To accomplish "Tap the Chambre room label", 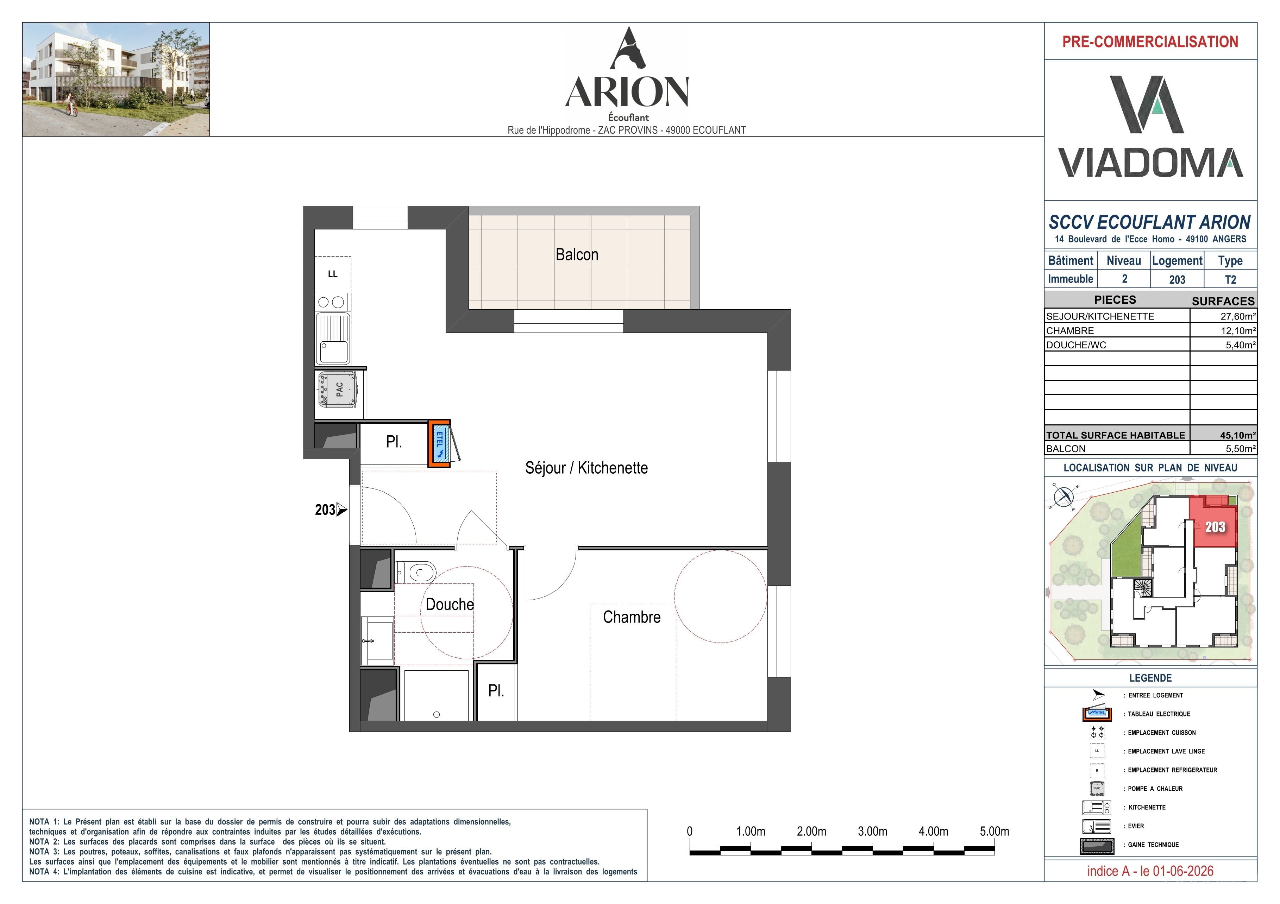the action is coord(632,617).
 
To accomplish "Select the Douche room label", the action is coord(449,604).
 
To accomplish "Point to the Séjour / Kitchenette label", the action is coord(586,468).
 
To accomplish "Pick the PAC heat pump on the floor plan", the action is coord(338,390).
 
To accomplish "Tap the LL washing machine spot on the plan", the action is coord(333,274).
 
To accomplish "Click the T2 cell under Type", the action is coord(1230,280).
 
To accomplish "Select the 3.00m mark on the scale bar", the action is coord(872,831).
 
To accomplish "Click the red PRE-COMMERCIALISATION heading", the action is coord(1150,42).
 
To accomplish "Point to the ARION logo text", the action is coord(627,92).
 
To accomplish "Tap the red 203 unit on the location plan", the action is coord(1214,522).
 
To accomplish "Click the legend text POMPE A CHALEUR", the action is coord(1155,789).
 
